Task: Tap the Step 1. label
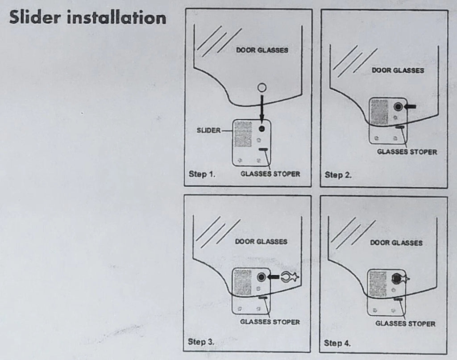202,174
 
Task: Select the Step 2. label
338,175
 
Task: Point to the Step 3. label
201,342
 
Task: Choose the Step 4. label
337,343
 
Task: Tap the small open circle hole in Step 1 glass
262,88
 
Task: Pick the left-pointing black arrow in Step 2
412,106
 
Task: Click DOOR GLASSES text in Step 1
262,50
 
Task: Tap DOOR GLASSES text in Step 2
398,71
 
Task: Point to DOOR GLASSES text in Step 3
262,242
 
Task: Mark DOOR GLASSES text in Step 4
396,243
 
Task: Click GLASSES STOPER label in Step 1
270,174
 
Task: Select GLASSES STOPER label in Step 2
407,152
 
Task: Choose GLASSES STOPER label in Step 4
405,323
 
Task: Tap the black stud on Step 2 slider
398,106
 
